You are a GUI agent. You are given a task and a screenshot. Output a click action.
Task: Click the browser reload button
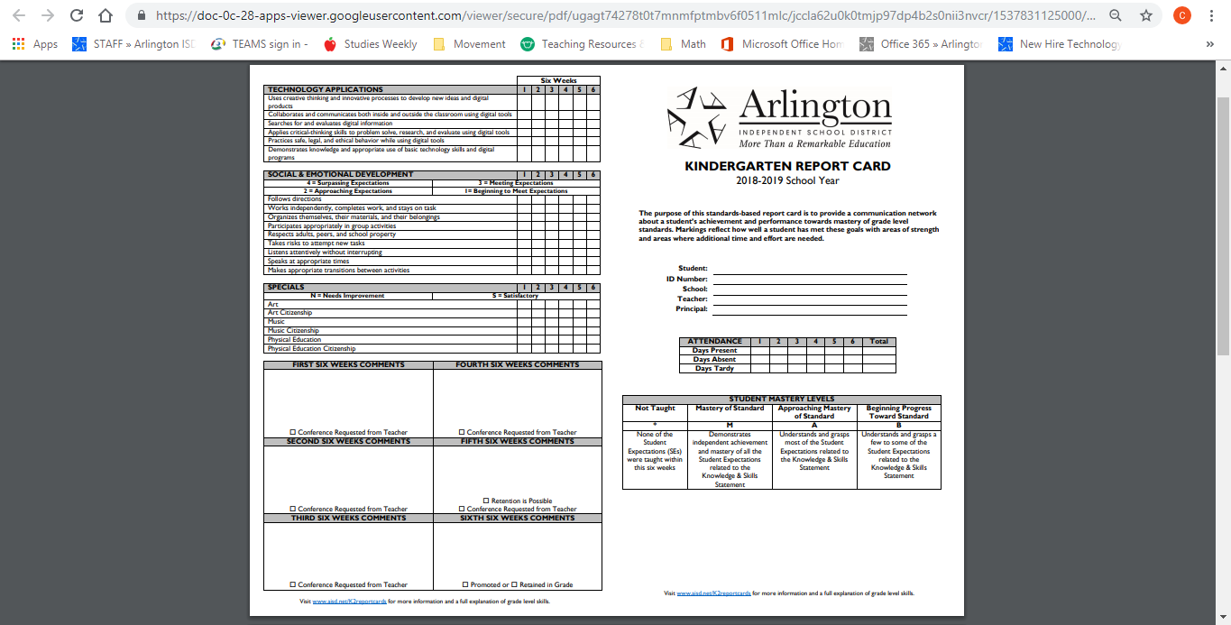point(77,15)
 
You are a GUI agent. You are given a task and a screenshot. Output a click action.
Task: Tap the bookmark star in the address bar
point(1145,15)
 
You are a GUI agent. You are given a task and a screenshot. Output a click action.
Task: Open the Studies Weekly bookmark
point(371,43)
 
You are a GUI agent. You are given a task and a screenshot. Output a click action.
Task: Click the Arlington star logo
point(696,116)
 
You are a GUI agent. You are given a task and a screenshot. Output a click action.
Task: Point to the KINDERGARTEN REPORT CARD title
point(787,166)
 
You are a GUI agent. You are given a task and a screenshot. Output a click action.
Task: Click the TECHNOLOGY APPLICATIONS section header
point(326,89)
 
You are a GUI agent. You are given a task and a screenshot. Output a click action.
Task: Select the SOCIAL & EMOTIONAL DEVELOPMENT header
point(341,174)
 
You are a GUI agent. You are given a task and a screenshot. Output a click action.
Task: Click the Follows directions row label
point(295,199)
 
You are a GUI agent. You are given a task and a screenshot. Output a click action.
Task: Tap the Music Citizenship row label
point(293,331)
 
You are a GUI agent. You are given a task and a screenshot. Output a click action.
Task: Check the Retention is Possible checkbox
point(486,501)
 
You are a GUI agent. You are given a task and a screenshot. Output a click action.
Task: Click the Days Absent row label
point(713,359)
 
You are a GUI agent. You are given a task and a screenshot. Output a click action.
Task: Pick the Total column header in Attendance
point(878,341)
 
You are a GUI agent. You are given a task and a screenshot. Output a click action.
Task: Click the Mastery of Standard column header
point(730,409)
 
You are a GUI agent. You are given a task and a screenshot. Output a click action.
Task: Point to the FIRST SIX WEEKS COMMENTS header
point(348,365)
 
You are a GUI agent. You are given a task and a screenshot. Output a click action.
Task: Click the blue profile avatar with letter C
point(1181,15)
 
